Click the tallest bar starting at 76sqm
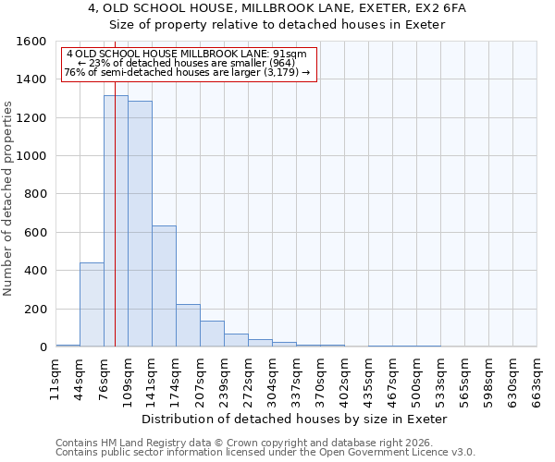(116, 222)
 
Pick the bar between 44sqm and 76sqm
(92, 305)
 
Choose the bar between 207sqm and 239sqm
(212, 334)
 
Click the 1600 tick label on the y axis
(32, 42)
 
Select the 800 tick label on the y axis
(36, 195)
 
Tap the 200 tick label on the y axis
(36, 310)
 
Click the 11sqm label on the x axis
(55, 378)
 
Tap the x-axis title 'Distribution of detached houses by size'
(296, 419)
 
